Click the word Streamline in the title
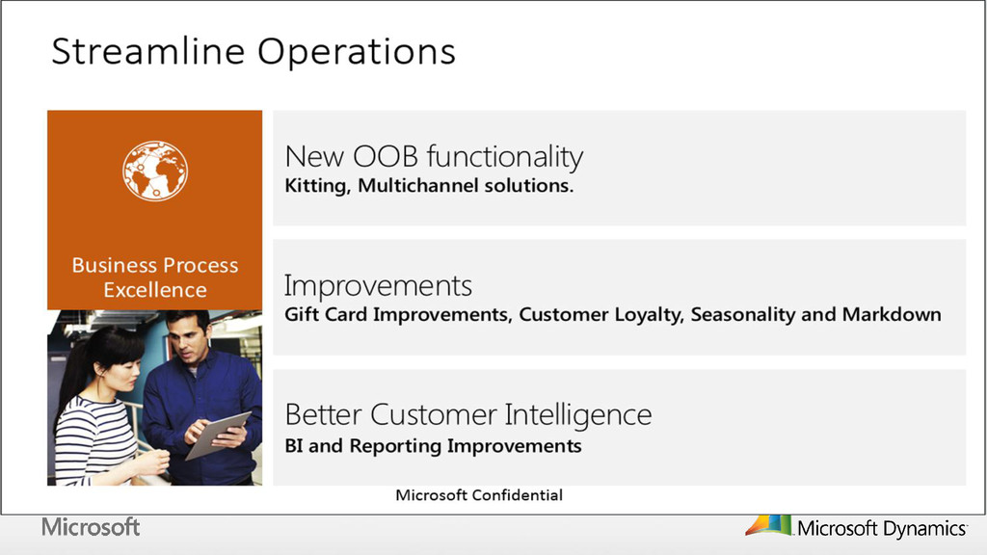point(147,51)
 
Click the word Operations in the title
point(357,53)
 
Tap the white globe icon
point(155,172)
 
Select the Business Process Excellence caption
point(155,277)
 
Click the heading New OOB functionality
point(434,157)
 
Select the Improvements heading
point(378,285)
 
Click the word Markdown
point(892,314)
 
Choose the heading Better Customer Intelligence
point(468,415)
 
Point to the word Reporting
point(396,446)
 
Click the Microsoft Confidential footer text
point(479,495)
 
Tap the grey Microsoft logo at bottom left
point(91,527)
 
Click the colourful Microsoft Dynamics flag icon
point(768,526)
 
